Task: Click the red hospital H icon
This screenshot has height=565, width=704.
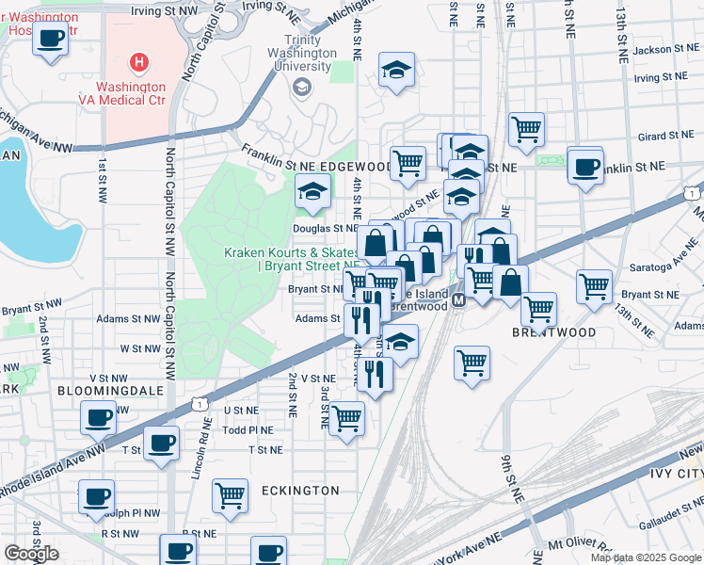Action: (139, 63)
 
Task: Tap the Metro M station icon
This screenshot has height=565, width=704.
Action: (458, 299)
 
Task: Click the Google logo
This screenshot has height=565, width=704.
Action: (31, 554)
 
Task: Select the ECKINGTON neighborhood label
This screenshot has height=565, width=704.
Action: (301, 491)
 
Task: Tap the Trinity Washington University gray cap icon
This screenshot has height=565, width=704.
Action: (302, 88)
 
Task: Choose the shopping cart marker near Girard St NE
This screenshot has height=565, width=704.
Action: (527, 129)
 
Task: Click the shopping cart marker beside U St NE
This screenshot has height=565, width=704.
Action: (347, 417)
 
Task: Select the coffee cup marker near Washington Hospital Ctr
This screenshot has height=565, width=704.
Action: (51, 40)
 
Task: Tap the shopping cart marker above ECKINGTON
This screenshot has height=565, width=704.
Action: (230, 494)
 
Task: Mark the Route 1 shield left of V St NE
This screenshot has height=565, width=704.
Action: (199, 403)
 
